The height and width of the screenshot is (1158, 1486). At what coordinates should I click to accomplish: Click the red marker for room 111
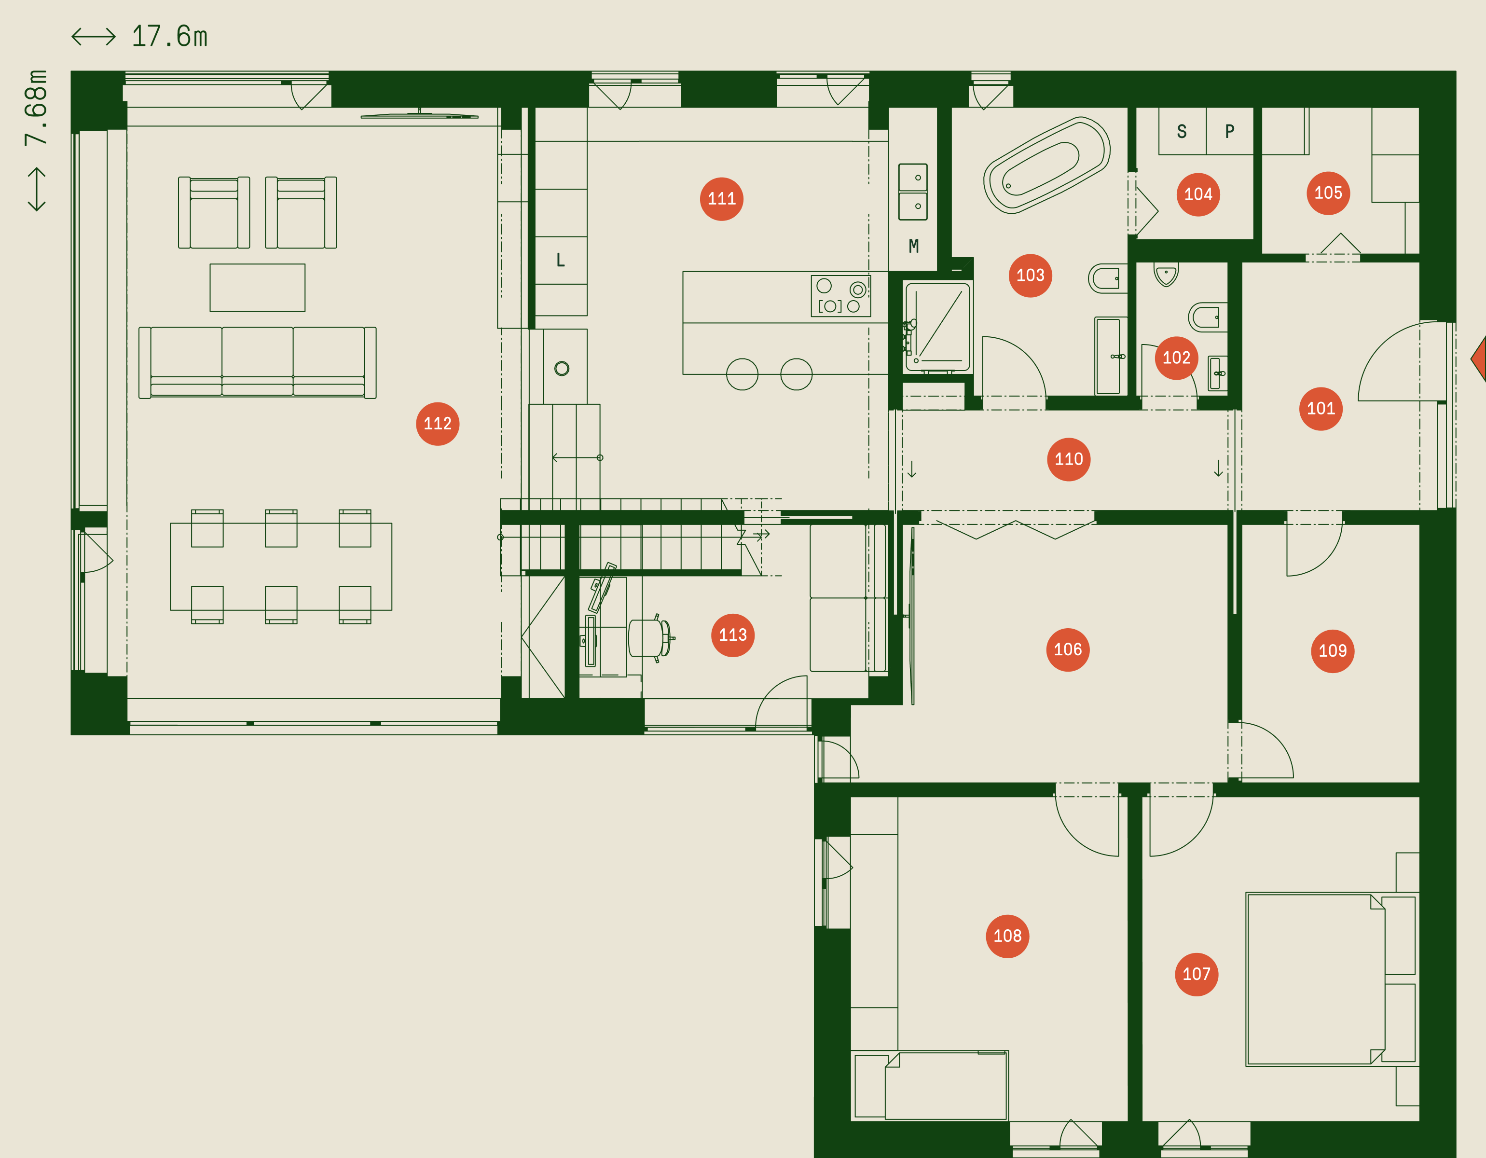[721, 199]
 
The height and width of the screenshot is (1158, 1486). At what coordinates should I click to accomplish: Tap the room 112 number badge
[438, 423]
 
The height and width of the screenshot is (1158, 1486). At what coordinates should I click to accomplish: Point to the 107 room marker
[1196, 974]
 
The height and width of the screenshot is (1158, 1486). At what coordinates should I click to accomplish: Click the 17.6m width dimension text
[169, 36]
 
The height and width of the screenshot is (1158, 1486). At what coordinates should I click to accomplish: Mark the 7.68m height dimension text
[36, 108]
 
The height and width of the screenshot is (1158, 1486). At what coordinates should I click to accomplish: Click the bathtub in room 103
[1046, 165]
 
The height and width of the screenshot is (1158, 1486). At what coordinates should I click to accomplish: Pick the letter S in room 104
[1182, 131]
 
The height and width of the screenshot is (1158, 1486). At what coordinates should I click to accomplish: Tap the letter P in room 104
[1229, 131]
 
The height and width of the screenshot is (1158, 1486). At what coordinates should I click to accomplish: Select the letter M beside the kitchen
[914, 246]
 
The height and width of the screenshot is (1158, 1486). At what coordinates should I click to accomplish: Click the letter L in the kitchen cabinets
[561, 260]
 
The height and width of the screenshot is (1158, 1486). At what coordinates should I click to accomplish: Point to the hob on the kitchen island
[840, 295]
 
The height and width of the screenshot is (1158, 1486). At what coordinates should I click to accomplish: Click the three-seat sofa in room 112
[257, 363]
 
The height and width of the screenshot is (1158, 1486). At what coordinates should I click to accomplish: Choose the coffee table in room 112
[257, 287]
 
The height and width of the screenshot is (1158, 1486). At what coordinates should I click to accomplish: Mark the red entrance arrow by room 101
[1478, 358]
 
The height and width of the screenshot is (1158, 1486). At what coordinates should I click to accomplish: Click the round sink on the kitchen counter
[561, 368]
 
